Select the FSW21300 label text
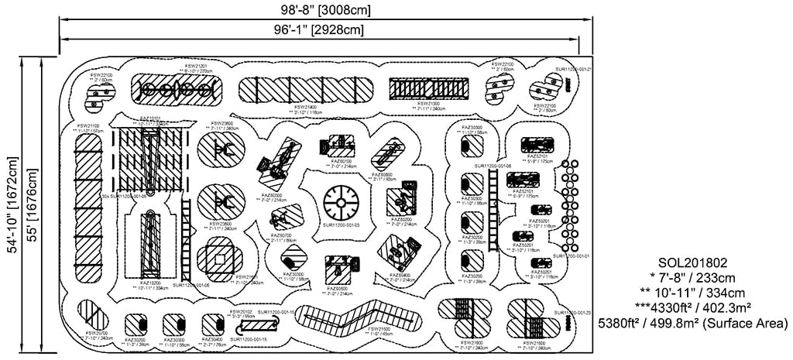428,104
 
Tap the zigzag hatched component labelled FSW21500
355,316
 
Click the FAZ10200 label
150,283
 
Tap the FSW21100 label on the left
87,125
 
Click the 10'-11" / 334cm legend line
693,293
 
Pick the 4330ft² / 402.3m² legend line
692,307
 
